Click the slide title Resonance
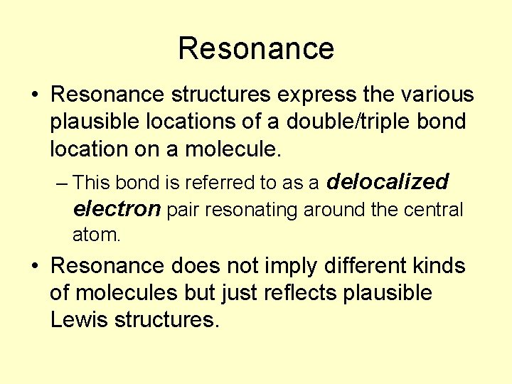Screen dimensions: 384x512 click(256, 48)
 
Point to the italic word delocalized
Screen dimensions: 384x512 click(388, 182)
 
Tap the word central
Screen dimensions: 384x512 click(434, 210)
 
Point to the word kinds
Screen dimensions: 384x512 click(439, 265)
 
